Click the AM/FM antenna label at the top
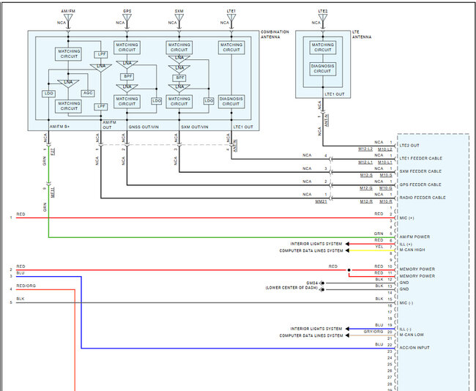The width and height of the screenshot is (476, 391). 67,11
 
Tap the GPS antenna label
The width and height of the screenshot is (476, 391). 127,11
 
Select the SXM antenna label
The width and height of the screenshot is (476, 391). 179,11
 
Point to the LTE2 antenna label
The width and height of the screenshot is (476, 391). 323,11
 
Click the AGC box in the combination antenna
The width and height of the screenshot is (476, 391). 87,93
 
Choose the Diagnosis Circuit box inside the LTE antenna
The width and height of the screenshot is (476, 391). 323,68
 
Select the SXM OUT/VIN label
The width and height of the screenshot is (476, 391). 195,127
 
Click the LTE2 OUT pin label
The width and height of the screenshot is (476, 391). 412,146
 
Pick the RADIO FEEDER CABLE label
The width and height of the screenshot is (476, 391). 423,198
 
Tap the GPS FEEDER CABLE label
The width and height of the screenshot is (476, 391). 420,185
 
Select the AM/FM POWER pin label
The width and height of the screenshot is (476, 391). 415,237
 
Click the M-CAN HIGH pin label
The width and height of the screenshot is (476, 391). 414,250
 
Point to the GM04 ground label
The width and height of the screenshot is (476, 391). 312,283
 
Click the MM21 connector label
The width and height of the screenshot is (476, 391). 321,201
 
